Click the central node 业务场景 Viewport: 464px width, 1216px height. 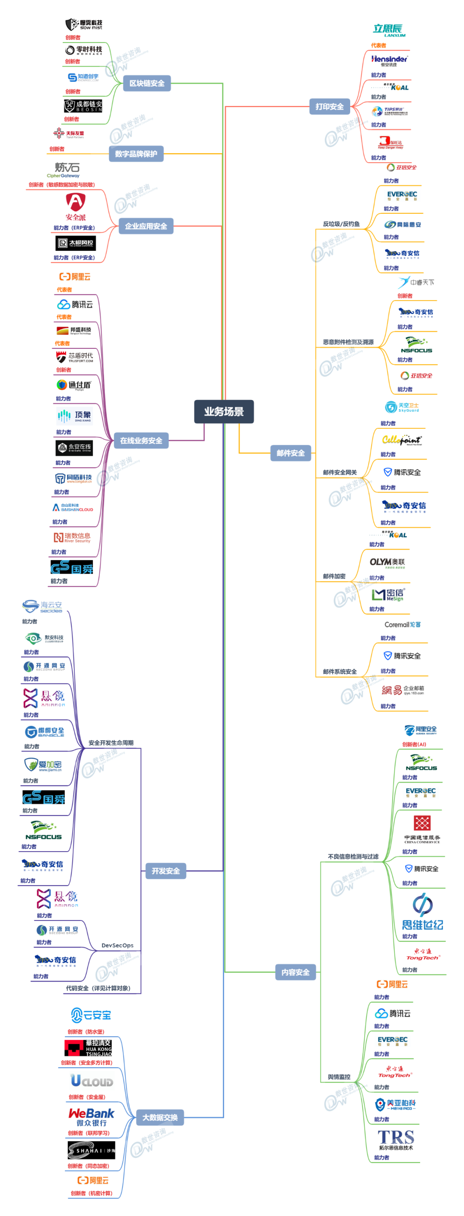[x=223, y=411]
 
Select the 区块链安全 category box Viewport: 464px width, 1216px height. [x=147, y=83]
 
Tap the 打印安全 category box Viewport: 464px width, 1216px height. [x=329, y=107]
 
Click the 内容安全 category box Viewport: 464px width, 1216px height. [x=295, y=972]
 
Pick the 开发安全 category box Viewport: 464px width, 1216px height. [x=165, y=871]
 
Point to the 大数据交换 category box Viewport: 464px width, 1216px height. [x=160, y=1117]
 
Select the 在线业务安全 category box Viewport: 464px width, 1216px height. [x=141, y=440]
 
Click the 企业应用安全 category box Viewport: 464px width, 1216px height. [x=146, y=226]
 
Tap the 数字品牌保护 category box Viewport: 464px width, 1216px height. [x=136, y=154]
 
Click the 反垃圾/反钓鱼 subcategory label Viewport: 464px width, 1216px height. [x=341, y=224]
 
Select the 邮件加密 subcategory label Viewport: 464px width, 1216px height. [x=334, y=576]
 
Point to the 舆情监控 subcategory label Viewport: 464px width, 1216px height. [x=339, y=1077]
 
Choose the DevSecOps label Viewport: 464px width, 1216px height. [x=117, y=945]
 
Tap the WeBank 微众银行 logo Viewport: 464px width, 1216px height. [x=92, y=1117]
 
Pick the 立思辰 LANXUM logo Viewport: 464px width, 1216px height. [x=389, y=30]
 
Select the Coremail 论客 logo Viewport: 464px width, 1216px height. [x=402, y=625]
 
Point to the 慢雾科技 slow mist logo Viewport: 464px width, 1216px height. [x=84, y=25]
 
